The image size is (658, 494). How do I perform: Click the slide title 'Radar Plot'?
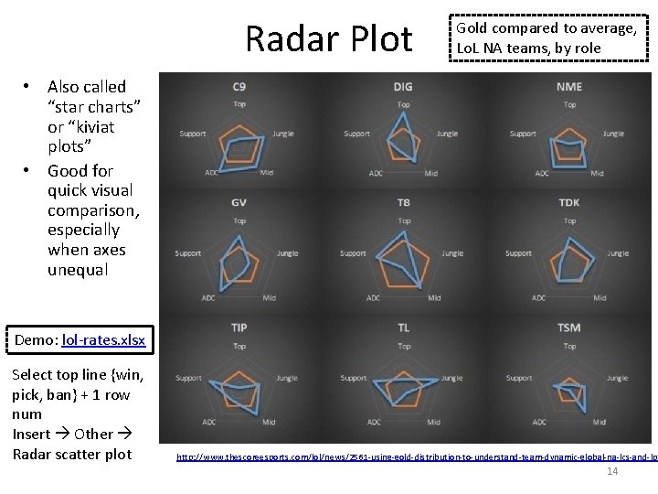[329, 39]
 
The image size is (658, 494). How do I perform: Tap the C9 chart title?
[239, 87]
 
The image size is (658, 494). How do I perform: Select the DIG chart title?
[403, 87]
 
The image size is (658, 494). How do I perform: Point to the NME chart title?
[568, 87]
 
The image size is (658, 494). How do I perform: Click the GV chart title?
[239, 202]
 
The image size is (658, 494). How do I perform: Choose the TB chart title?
[403, 202]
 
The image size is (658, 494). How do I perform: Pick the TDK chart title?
[568, 202]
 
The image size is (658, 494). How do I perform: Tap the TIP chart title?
[239, 328]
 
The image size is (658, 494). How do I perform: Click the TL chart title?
[403, 328]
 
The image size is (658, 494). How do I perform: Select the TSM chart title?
[568, 328]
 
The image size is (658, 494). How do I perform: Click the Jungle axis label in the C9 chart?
[283, 134]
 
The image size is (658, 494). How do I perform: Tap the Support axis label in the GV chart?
[187, 253]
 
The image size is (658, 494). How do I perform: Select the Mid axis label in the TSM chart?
[598, 422]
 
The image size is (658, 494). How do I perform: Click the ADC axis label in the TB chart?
[374, 298]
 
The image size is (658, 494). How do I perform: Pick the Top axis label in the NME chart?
[568, 104]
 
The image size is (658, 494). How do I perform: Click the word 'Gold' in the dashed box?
[475, 28]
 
